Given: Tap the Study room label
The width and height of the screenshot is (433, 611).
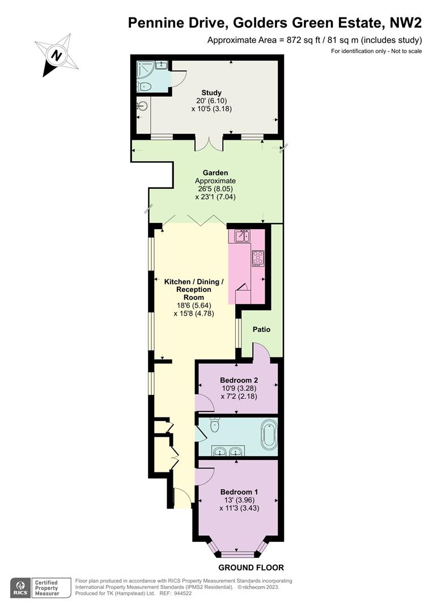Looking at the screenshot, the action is click(211, 93).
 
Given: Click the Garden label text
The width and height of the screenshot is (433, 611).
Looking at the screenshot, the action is click(215, 173).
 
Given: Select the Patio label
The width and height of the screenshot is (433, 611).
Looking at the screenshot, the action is click(261, 329).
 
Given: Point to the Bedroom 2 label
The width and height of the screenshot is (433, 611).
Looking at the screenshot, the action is click(239, 380).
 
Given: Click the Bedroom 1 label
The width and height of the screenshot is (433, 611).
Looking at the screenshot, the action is click(239, 492).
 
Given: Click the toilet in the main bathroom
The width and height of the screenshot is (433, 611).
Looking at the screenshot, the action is click(215, 425).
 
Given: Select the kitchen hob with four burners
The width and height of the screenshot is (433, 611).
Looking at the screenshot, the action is click(258, 258).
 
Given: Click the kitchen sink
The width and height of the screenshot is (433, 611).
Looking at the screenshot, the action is click(242, 236).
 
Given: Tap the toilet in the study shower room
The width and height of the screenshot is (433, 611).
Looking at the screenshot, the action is click(144, 87).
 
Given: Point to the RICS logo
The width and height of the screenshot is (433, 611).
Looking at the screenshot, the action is click(20, 587).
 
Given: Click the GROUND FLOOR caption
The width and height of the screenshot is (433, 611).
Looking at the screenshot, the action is click(251, 567).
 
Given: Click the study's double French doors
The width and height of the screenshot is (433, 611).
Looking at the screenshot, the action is click(209, 143).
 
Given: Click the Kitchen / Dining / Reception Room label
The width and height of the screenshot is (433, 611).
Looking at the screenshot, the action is click(194, 289).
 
